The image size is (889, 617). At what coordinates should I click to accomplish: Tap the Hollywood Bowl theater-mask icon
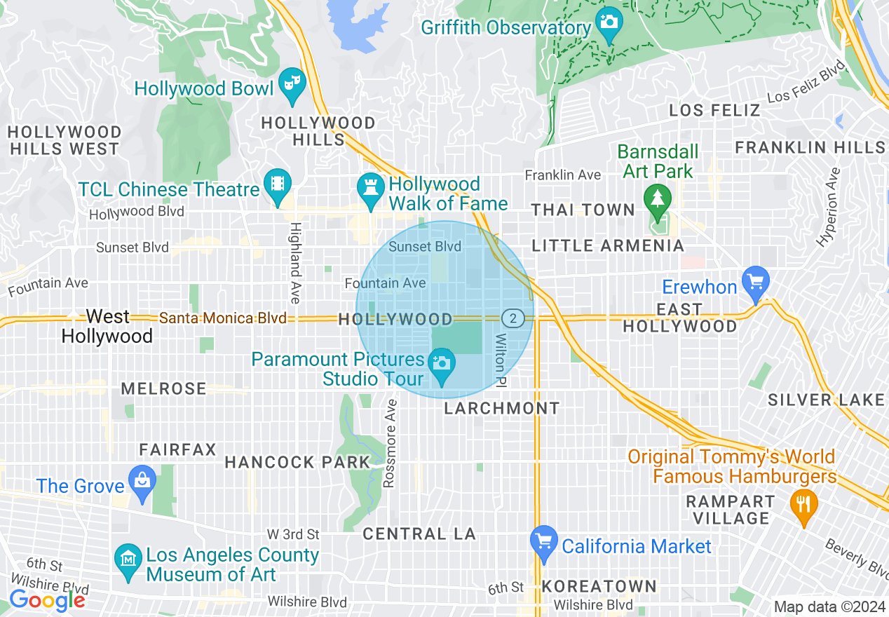(289, 83)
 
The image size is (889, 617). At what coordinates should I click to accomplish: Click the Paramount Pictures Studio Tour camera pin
(442, 364)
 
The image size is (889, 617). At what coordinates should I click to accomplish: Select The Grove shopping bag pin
(142, 481)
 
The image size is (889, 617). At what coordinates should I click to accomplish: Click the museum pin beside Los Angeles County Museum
(128, 560)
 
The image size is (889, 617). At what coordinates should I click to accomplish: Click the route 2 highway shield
(513, 318)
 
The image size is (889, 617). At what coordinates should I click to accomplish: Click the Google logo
(47, 600)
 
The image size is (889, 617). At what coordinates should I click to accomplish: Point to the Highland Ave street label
(295, 263)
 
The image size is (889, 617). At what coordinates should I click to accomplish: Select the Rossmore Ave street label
(391, 443)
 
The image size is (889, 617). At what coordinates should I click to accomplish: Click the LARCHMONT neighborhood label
(502, 408)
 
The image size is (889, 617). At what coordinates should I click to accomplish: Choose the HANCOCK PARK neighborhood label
(297, 462)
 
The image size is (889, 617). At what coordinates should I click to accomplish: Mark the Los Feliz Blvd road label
(806, 81)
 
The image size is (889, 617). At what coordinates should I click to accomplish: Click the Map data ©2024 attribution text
(829, 606)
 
